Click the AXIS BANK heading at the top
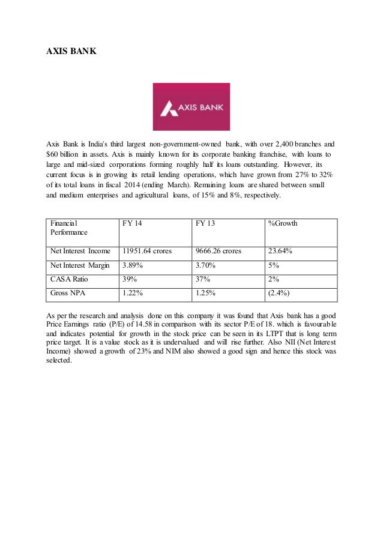point(71,52)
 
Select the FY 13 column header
point(205,224)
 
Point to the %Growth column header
point(283,224)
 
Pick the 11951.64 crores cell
point(146,251)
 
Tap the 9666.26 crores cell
point(219,251)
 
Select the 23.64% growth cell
point(280,251)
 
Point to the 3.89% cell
point(133,265)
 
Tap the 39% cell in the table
point(129,279)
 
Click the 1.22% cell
point(133,294)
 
